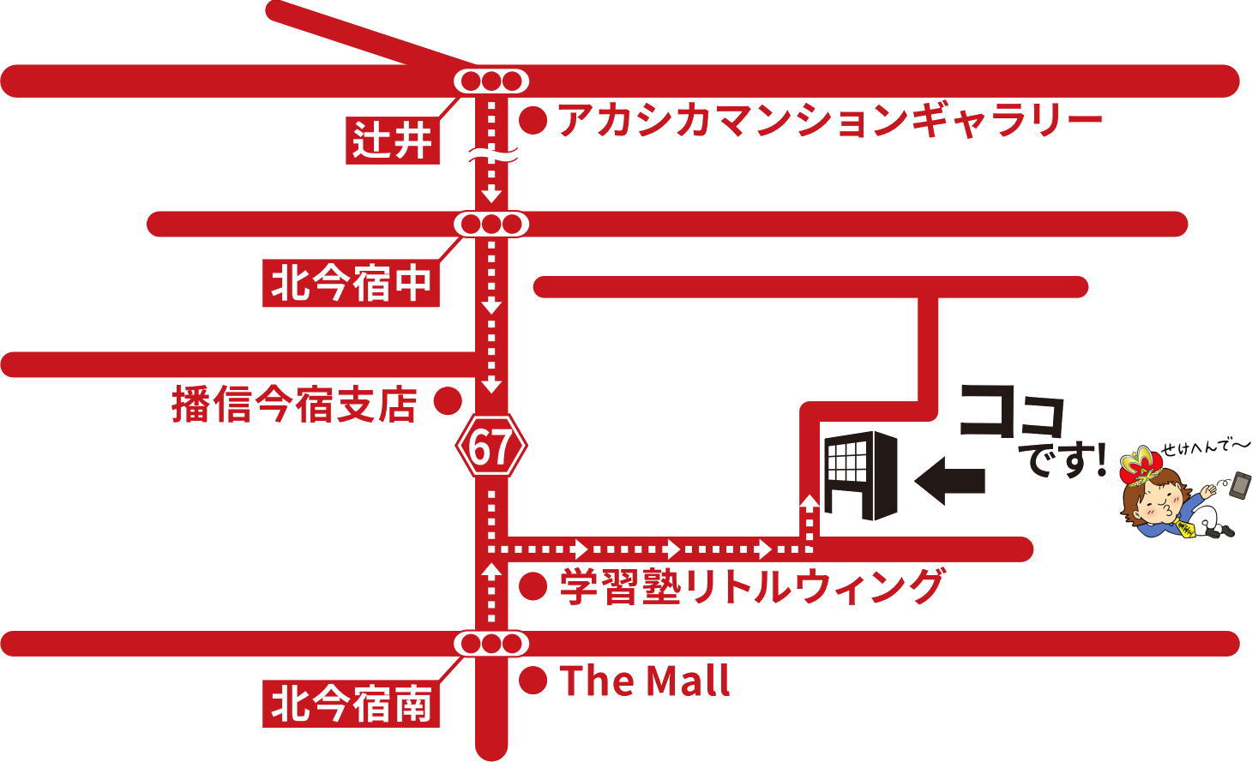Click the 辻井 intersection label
click(x=393, y=140)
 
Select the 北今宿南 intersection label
click(x=350, y=705)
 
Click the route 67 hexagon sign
click(x=491, y=447)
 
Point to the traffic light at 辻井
click(x=491, y=81)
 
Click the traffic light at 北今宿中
click(x=491, y=225)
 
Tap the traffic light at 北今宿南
click(x=491, y=643)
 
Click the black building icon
click(x=860, y=475)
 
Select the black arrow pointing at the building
click(x=950, y=480)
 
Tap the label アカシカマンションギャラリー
click(x=830, y=120)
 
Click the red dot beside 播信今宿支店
click(x=447, y=401)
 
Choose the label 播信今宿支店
click(x=295, y=405)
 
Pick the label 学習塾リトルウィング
click(x=751, y=587)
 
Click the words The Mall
click(x=645, y=681)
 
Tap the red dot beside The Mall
click(x=533, y=681)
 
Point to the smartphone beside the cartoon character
click(x=1239, y=486)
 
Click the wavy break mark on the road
click(x=491, y=156)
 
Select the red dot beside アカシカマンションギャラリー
click(x=533, y=121)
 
